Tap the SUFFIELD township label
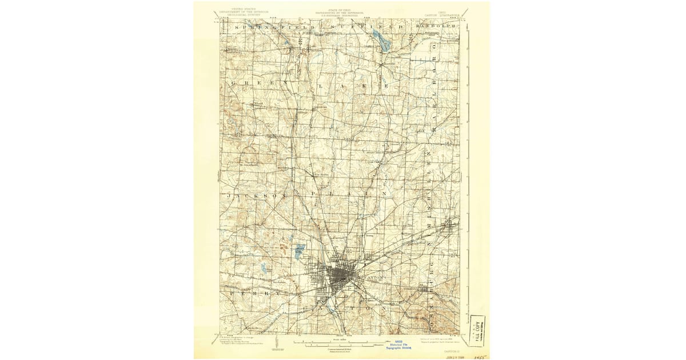(366, 27)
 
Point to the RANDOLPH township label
(441, 26)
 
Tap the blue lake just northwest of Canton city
(300, 250)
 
